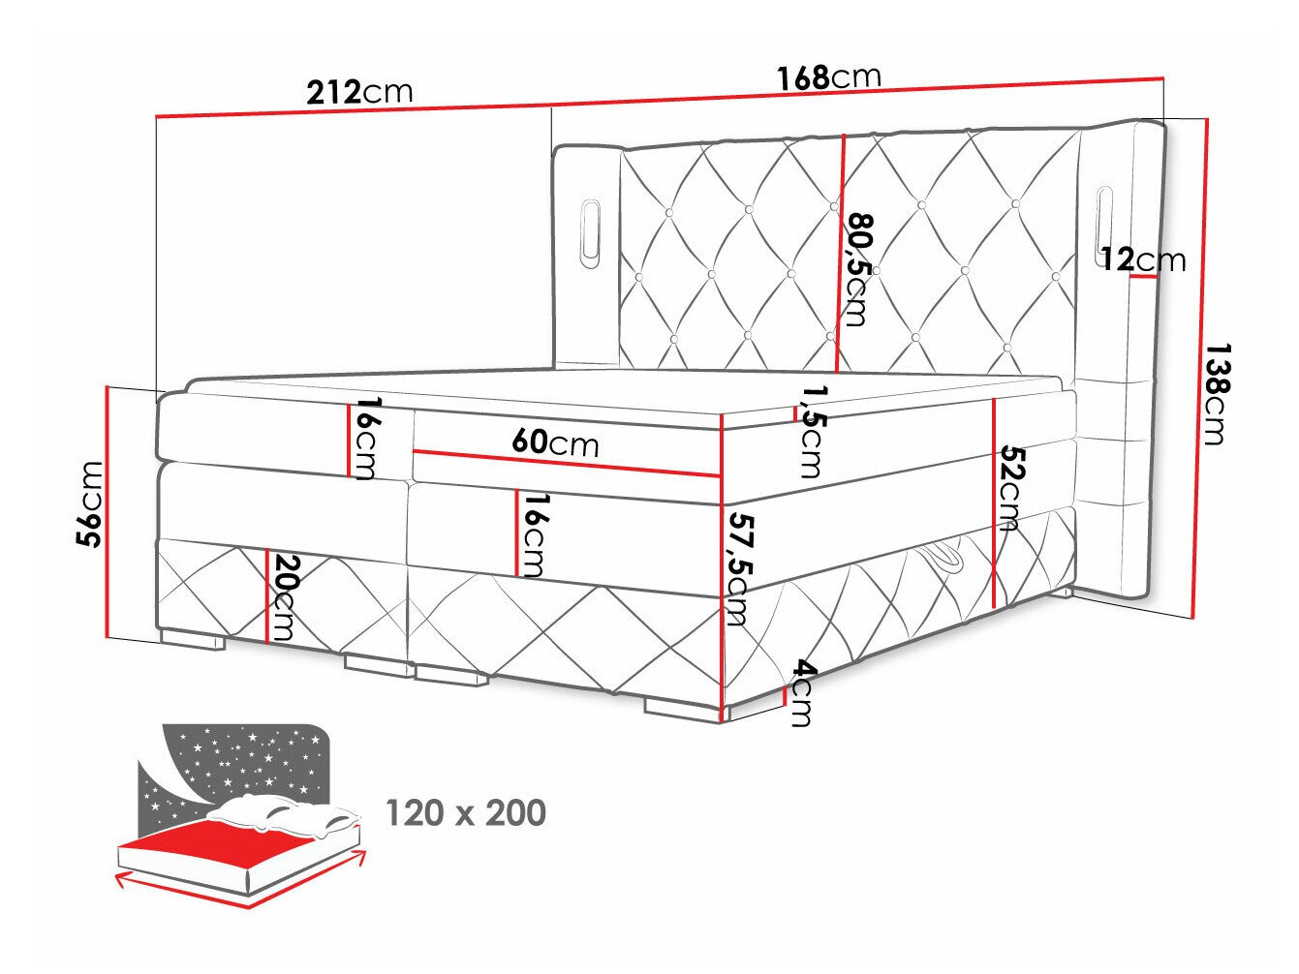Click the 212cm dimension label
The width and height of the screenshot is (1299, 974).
click(359, 92)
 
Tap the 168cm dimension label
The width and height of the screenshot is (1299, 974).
click(828, 77)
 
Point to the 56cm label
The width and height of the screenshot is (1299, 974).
click(90, 503)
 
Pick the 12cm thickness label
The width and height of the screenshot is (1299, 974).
click(1142, 259)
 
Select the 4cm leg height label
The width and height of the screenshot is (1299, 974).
click(802, 693)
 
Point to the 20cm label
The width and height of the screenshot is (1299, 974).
click(284, 596)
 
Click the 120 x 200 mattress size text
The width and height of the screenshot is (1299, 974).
click(466, 813)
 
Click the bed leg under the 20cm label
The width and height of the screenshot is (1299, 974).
click(193, 640)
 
